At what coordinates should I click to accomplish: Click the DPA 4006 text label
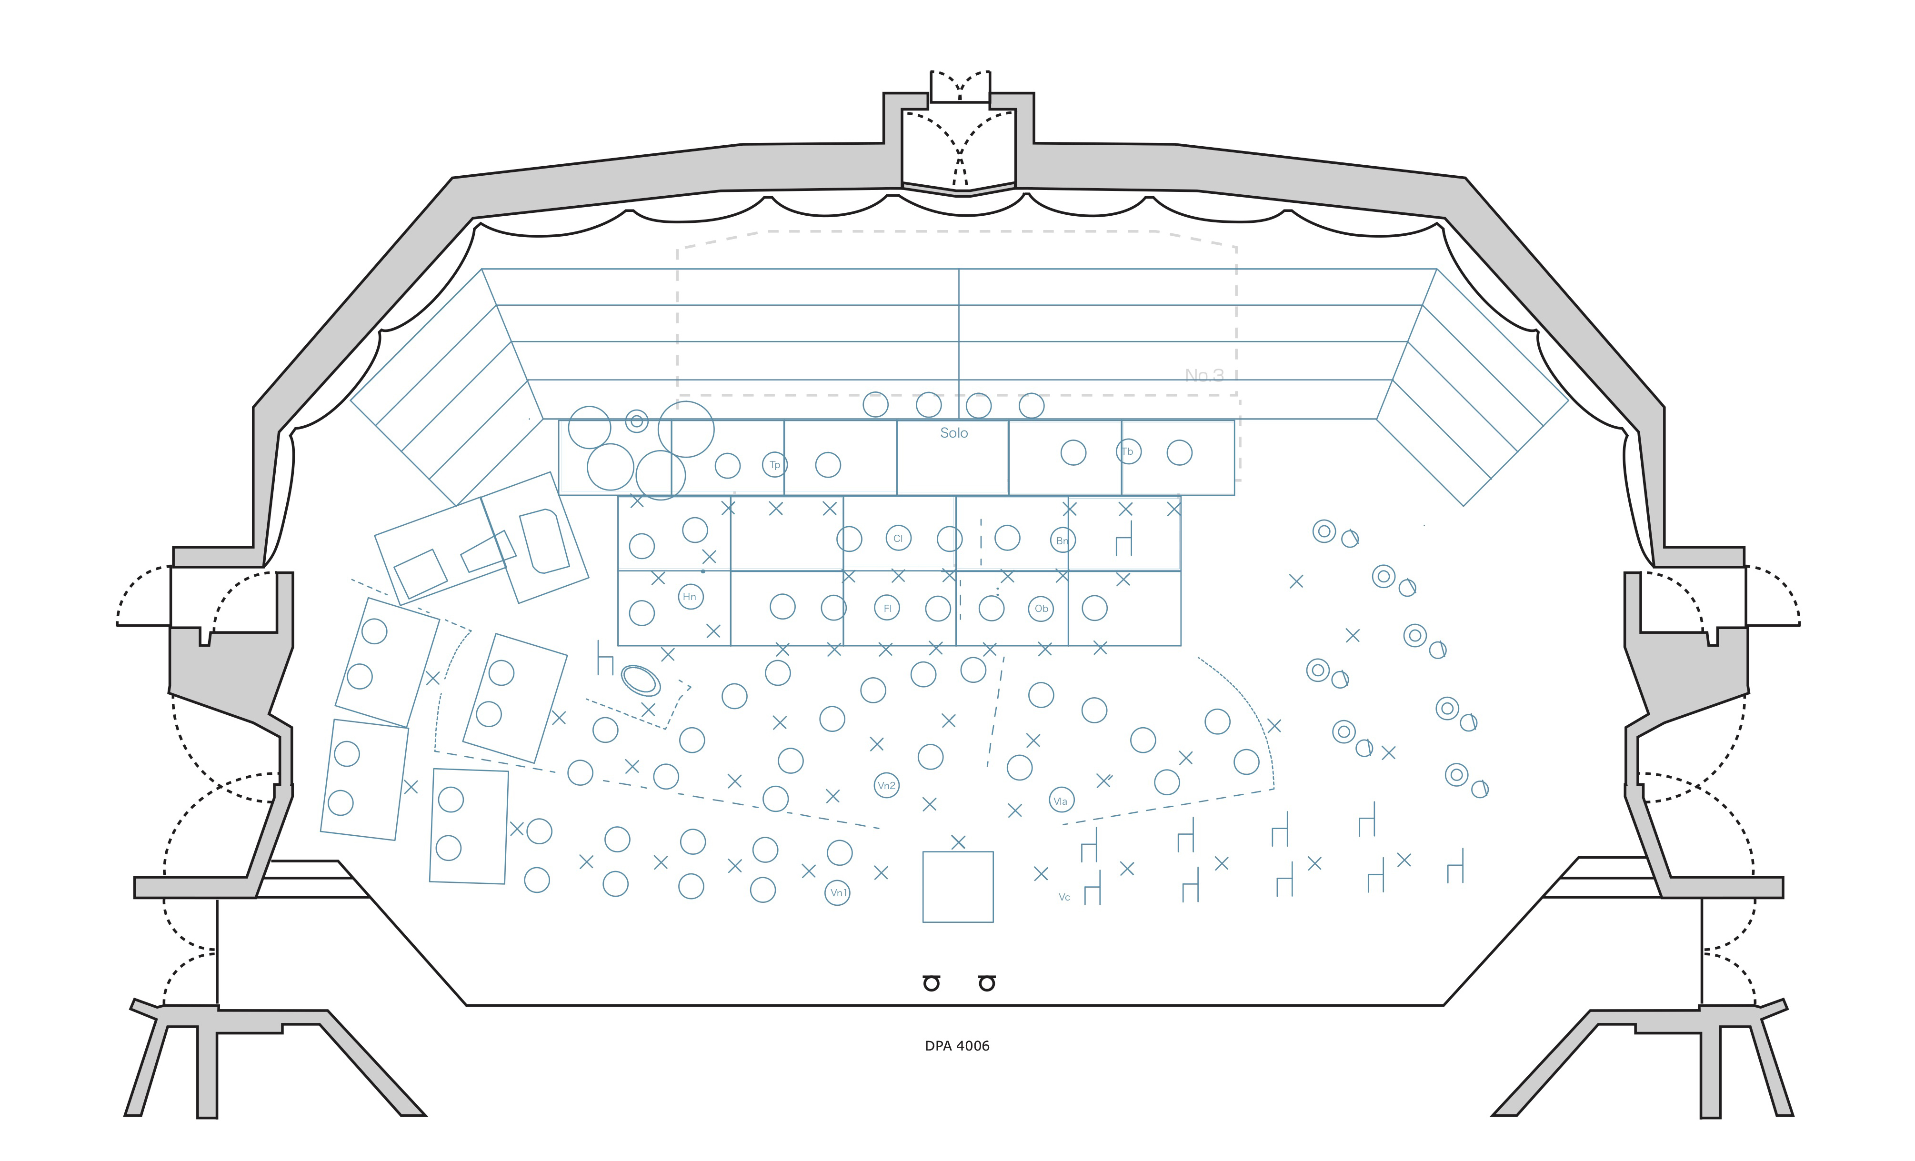957,1046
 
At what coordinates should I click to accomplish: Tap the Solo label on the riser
953,433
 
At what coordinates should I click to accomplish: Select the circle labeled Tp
774,465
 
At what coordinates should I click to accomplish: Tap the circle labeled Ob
1041,609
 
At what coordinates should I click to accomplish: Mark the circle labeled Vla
1061,801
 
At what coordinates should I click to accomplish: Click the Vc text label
1064,898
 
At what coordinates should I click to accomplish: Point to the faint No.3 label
1204,375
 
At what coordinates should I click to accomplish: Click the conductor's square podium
957,887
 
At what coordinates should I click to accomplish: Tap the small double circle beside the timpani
637,421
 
